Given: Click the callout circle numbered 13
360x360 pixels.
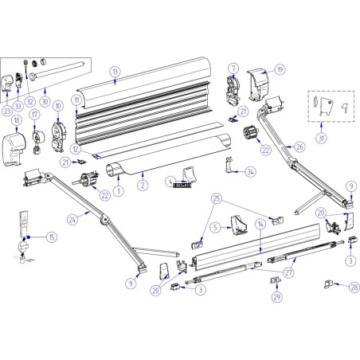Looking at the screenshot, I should [115, 72].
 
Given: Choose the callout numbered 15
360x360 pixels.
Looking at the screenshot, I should [52, 237].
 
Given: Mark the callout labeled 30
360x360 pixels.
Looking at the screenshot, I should [45, 102].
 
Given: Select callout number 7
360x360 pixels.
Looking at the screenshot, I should [233, 68].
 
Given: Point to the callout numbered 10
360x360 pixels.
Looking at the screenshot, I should [58, 106].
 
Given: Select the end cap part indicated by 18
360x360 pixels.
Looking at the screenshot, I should [16, 147].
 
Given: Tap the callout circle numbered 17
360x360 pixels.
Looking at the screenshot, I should [35, 114].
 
